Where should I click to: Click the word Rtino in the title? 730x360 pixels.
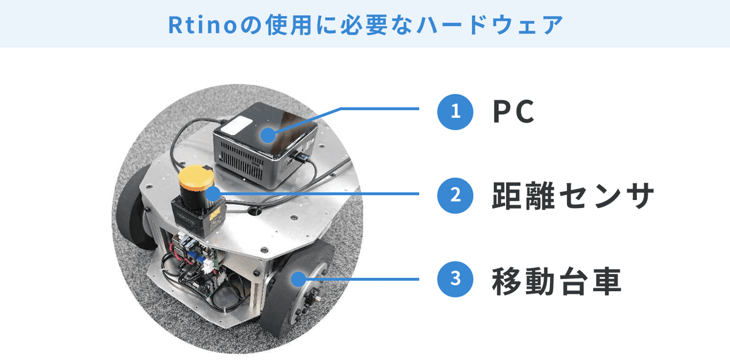[203, 26]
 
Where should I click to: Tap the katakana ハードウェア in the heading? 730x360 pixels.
[490, 25]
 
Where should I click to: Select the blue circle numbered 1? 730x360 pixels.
[455, 112]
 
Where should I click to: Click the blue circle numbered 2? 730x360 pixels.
[455, 195]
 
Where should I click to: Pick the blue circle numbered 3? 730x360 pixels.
[455, 279]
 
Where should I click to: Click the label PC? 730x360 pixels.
[513, 112]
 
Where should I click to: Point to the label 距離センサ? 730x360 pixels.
[573, 195]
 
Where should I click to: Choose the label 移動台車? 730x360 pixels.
[557, 280]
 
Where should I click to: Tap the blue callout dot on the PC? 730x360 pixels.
[268, 135]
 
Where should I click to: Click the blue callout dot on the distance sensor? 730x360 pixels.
[214, 194]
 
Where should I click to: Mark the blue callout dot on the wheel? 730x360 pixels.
[298, 279]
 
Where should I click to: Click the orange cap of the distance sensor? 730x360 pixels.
[196, 178]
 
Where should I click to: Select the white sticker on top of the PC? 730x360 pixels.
[237, 125]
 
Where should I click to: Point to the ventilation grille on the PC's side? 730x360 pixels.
[242, 161]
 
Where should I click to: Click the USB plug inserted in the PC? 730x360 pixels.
[302, 158]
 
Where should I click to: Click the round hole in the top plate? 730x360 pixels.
[254, 211]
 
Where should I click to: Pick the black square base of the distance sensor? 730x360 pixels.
[199, 216]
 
